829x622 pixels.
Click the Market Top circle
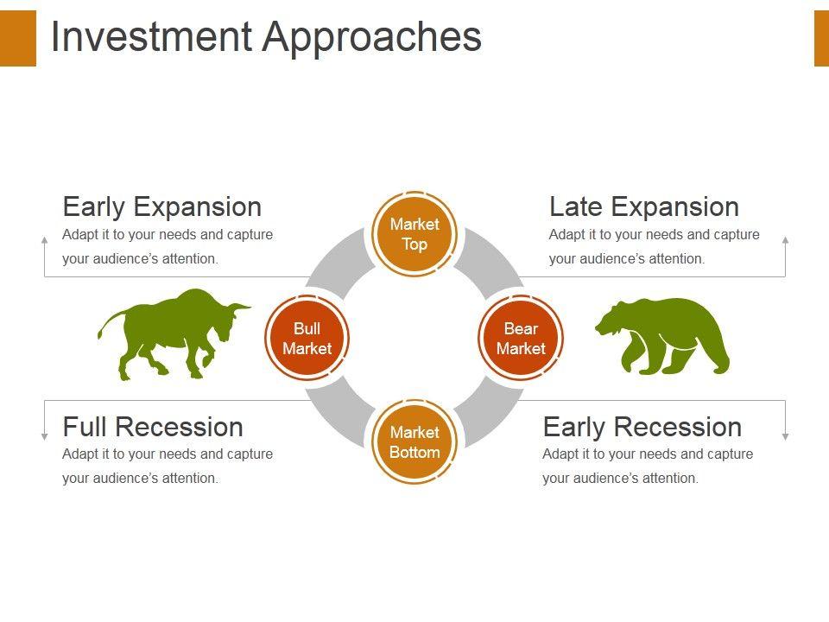[x=414, y=234]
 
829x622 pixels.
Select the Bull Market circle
[x=307, y=338]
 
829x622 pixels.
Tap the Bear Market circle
[x=521, y=338]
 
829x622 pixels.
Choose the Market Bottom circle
[x=414, y=442]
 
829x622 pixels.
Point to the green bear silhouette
[x=663, y=336]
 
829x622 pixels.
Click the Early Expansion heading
[x=162, y=206]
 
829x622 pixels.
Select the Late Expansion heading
[x=644, y=206]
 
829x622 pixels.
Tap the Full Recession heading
[x=153, y=427]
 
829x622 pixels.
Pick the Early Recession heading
[x=642, y=427]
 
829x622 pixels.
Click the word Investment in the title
[x=151, y=36]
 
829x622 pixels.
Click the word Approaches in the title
[x=372, y=38]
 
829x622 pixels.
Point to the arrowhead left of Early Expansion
[x=44, y=240]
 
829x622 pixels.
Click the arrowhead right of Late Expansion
[x=786, y=240]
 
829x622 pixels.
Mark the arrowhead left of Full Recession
[x=44, y=436]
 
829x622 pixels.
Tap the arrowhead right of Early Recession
[x=786, y=436]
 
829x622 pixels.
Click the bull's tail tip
[x=99, y=334]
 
